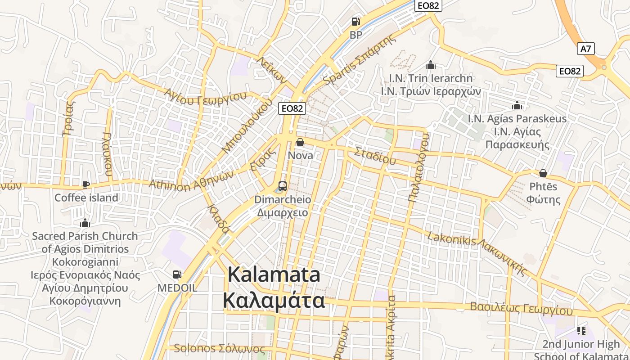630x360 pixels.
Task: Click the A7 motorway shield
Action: (585, 49)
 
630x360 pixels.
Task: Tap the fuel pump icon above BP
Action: (355, 21)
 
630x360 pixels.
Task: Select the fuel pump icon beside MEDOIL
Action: (177, 274)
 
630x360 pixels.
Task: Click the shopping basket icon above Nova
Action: (300, 142)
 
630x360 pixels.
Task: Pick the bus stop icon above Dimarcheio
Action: (283, 186)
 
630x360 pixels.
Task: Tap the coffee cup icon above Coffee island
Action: (86, 184)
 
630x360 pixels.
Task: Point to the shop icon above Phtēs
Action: (543, 173)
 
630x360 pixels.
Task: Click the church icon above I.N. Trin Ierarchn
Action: (431, 65)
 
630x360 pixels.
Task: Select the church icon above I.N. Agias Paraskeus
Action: (517, 105)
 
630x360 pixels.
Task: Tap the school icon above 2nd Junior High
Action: (581, 331)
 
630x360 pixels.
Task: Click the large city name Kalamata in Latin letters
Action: (274, 274)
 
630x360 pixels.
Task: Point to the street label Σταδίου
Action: (375, 155)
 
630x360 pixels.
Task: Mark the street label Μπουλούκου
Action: (247, 125)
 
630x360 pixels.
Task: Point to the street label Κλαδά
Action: (219, 219)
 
